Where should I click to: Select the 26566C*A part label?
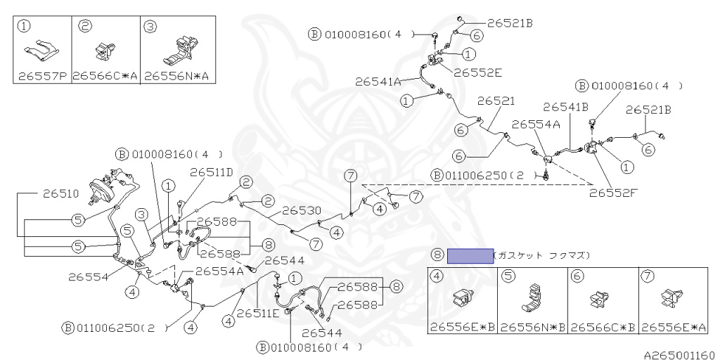click(105, 76)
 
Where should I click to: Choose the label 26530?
click(302, 210)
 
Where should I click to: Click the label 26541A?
click(378, 82)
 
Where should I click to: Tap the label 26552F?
click(613, 190)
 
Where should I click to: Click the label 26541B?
click(565, 107)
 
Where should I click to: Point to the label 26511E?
click(257, 313)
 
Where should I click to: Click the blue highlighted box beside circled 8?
click(470, 255)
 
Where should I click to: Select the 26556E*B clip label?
click(462, 327)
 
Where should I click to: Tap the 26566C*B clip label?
click(603, 327)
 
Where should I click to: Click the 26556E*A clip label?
click(673, 327)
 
